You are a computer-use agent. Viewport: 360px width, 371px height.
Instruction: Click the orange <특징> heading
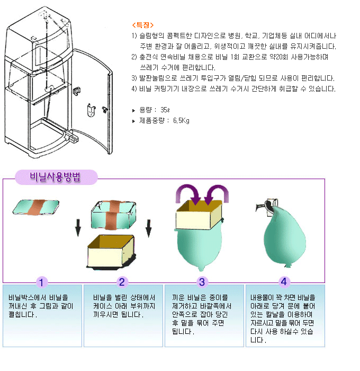coord(142,25)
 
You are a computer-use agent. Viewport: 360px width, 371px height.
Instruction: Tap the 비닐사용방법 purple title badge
coord(56,177)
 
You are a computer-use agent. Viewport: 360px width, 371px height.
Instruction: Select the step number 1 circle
coord(42,282)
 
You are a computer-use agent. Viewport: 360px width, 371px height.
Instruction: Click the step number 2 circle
coord(122,282)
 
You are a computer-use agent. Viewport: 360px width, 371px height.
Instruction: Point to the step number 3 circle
coord(202,282)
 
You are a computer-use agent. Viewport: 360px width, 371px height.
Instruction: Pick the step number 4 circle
coord(284,282)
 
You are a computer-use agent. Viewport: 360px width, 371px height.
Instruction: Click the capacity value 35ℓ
coord(165,110)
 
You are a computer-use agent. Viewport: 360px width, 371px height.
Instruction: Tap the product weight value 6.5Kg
coord(181,121)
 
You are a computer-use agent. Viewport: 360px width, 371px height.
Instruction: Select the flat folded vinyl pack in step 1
coord(36,207)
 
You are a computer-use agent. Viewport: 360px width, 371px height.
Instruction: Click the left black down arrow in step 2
coord(78,228)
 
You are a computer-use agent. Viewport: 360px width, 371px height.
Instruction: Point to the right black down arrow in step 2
coord(148,228)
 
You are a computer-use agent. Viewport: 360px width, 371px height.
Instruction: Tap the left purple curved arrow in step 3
coord(188,193)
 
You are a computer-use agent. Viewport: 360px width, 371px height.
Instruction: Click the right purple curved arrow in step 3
coord(217,193)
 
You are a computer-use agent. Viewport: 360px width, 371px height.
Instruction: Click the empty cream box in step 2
coord(111,252)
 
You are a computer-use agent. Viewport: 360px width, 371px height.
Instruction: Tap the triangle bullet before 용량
coord(133,110)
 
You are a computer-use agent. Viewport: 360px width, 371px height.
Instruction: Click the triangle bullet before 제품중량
coord(133,121)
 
